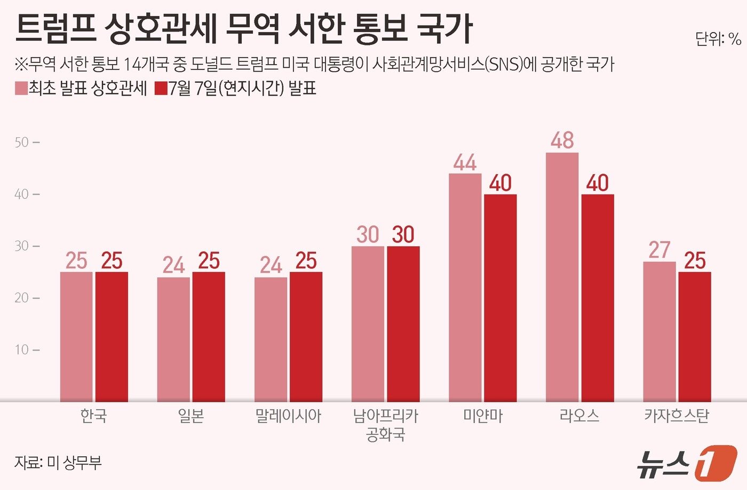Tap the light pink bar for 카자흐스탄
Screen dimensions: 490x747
point(659,331)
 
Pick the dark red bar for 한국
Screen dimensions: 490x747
point(112,337)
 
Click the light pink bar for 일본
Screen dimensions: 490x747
point(173,339)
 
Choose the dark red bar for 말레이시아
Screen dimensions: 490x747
point(306,337)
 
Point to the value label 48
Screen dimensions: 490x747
point(562,141)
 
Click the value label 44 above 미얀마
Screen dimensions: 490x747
point(465,162)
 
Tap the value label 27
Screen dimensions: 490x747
point(659,250)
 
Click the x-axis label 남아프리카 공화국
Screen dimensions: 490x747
point(386,425)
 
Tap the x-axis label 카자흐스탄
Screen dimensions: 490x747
point(677,416)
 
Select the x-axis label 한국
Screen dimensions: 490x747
point(94,416)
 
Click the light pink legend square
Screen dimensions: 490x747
point(21,89)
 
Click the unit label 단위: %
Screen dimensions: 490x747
point(718,39)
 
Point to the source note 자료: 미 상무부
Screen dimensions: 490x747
point(58,463)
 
